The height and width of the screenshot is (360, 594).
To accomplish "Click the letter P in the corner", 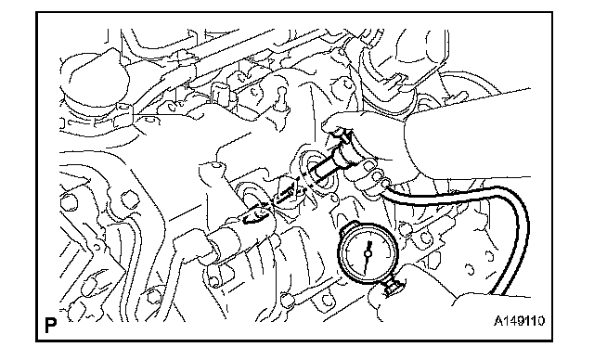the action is click(50, 325).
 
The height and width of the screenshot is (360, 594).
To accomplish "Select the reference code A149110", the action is click(519, 321).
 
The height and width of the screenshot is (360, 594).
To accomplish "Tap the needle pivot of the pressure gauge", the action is click(368, 253).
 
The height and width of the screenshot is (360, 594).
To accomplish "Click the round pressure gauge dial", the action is click(368, 252).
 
